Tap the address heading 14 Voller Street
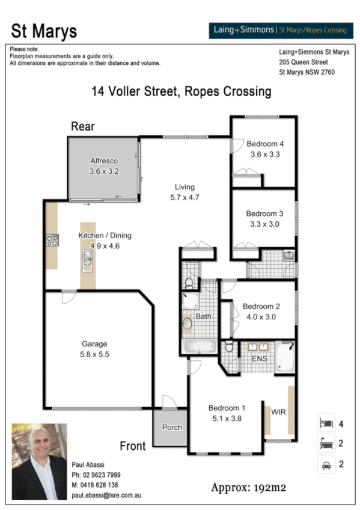click(x=181, y=92)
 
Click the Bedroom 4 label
click(x=264, y=144)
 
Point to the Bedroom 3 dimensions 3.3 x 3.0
click(x=264, y=224)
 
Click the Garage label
click(x=94, y=344)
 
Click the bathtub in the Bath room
click(x=199, y=346)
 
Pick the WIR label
click(x=278, y=412)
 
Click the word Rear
click(x=82, y=126)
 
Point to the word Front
click(x=132, y=446)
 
